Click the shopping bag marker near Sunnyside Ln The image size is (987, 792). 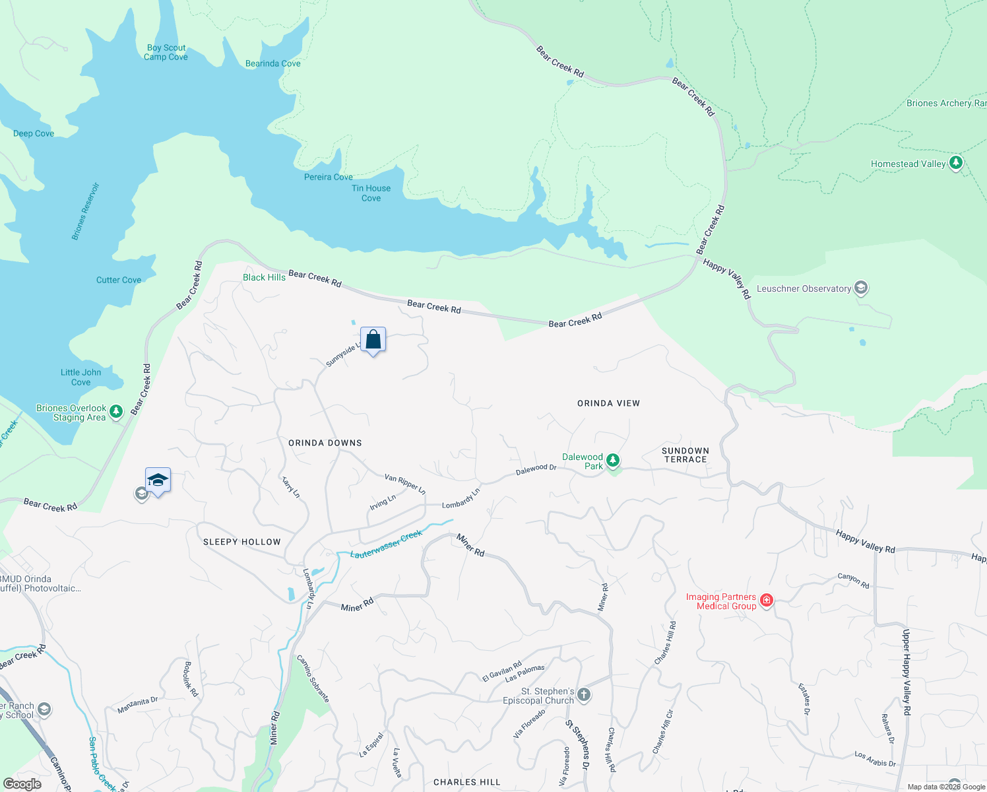pos(373,340)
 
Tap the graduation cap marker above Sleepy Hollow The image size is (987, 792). pos(158,480)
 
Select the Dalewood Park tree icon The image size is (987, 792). pos(613,459)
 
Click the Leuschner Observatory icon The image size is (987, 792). pos(861,288)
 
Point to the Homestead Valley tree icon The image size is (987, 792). pos(955,162)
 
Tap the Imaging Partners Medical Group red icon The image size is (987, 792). pos(766,600)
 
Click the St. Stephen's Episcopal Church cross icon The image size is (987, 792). pos(584,694)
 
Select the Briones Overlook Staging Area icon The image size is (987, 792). pos(116,412)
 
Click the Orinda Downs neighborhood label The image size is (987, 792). pos(325,443)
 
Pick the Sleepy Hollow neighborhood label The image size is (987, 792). pos(242,542)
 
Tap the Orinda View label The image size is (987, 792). pos(608,403)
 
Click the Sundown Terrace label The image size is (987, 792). pos(685,455)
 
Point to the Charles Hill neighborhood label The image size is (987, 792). pos(466,782)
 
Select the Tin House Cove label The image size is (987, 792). pos(371,193)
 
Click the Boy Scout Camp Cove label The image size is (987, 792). pos(166,52)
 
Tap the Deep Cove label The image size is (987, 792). pos(34,133)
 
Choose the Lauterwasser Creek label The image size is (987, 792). pos(386,544)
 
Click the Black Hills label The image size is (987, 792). pos(264,277)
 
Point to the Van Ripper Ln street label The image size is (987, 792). pos(405,484)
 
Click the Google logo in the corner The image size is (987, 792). pos(22,784)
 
